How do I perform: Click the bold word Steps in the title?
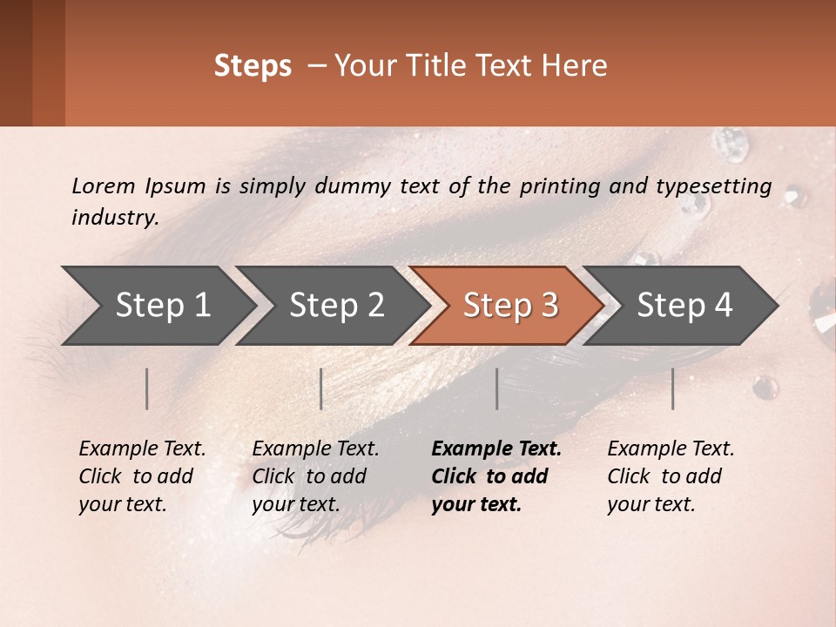(253, 66)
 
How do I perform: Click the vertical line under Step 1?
(147, 388)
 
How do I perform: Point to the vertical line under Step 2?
(321, 388)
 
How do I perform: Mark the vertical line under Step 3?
(497, 388)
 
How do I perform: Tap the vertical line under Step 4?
(673, 388)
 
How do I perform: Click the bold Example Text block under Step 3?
(496, 476)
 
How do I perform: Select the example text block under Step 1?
(142, 476)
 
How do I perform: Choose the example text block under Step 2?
(315, 476)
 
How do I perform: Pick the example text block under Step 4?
(671, 476)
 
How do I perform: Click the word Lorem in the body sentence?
(104, 185)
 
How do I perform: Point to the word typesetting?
(713, 186)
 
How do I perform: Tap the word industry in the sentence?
(115, 218)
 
